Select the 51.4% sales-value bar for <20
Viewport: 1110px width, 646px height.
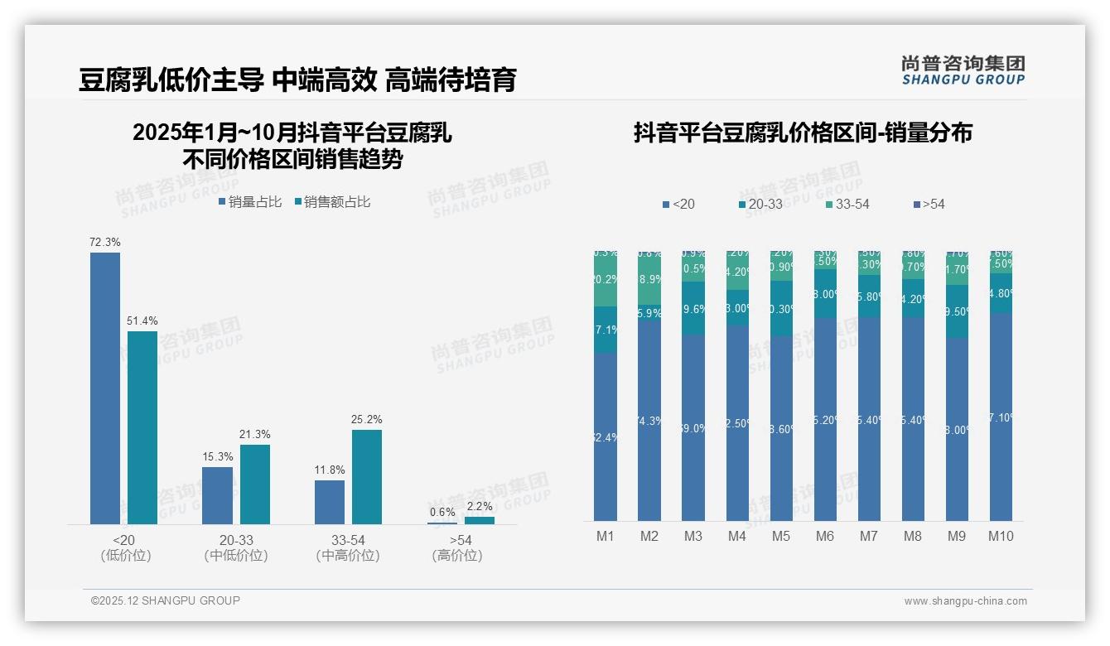142,427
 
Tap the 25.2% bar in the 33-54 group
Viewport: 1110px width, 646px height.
367,476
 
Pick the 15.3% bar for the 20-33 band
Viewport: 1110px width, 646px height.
217,495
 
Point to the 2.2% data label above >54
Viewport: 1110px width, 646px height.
479,506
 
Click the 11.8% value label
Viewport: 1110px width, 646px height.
330,470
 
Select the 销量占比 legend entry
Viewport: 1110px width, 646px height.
250,201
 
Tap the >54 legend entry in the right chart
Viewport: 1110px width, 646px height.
928,204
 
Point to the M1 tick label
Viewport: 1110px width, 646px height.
606,536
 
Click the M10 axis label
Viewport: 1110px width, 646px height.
1001,536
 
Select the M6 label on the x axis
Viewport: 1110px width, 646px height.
825,536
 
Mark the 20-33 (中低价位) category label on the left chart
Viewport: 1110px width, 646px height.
236,547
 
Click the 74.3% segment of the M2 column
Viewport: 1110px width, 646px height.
649,420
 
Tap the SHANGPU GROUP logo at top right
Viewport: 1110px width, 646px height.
963,70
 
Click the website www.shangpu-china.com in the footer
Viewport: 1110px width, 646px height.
965,601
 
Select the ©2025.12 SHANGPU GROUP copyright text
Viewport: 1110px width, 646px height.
166,600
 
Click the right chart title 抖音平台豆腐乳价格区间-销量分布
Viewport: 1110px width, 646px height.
803,133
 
